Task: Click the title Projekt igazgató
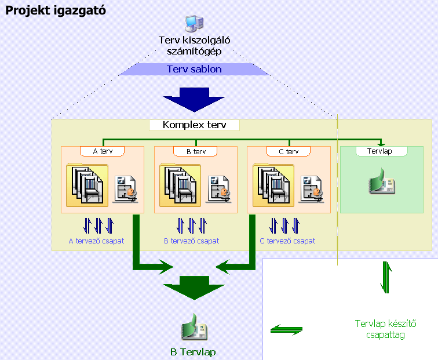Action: tap(56, 11)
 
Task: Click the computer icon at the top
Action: tap(194, 24)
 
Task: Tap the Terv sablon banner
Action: tap(194, 70)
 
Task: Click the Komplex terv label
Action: tap(194, 125)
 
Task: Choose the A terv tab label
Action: tap(103, 151)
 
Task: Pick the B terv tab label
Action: tap(195, 151)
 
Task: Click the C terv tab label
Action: tap(289, 151)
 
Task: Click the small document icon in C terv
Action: tap(311, 188)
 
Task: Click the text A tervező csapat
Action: tap(96, 241)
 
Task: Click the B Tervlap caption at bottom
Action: tap(194, 352)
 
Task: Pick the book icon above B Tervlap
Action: tap(194, 329)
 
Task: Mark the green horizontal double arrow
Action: tap(287, 329)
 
